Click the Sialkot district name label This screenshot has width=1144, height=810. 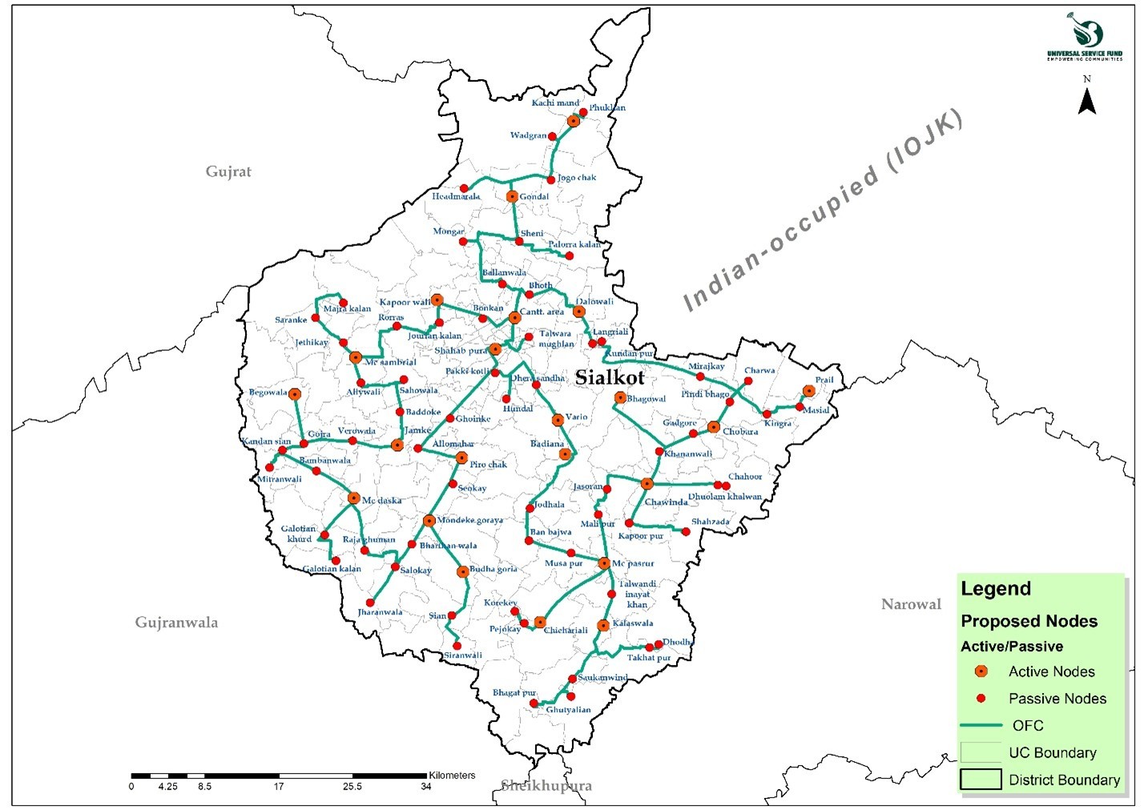(x=610, y=378)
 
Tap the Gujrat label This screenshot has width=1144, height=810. (x=228, y=171)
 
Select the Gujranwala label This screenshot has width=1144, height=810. (x=176, y=623)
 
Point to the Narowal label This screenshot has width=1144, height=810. (x=911, y=604)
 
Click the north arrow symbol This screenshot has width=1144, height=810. (x=1087, y=100)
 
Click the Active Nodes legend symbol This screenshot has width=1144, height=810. (x=981, y=671)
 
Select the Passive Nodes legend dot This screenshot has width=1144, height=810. (x=981, y=699)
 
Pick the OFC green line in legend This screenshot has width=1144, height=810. (x=981, y=725)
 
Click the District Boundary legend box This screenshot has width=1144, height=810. (x=981, y=780)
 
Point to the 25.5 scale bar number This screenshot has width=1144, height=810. (x=352, y=787)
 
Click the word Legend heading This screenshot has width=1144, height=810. (x=996, y=589)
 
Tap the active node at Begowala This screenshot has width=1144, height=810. (x=295, y=394)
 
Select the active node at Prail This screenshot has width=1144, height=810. (x=809, y=391)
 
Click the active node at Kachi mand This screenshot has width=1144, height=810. (x=574, y=121)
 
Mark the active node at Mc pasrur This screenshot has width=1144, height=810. (x=604, y=563)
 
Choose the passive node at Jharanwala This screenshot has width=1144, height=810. (x=370, y=602)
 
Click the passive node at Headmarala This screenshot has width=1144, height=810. (x=464, y=188)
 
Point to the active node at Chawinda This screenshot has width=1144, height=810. (x=647, y=484)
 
